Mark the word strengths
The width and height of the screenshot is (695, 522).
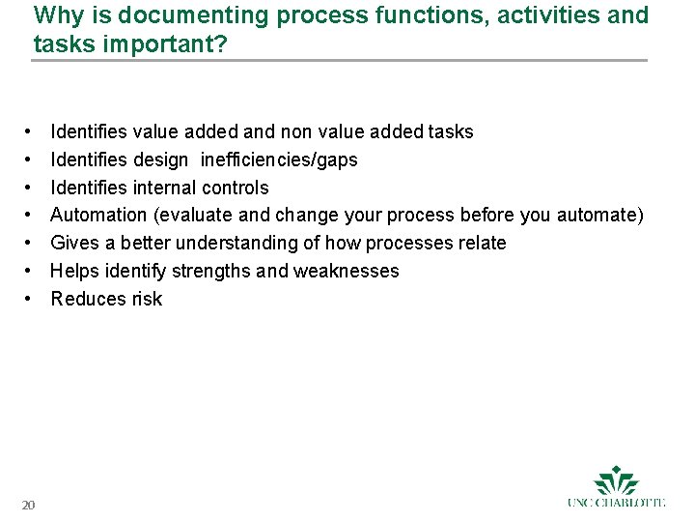(213, 271)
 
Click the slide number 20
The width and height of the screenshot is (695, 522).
(29, 505)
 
